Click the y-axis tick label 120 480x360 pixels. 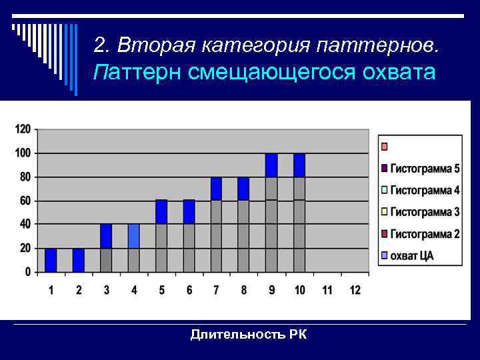tap(22, 129)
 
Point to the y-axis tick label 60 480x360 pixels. tap(24, 201)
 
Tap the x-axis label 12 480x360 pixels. tap(355, 290)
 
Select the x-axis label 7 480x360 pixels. tap(216, 290)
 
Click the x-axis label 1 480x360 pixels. tap(51, 290)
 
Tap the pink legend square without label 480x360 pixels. tap(384, 146)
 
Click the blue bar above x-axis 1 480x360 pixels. tap(51, 260)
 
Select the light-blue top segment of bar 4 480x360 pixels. tap(133, 236)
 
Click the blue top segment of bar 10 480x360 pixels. tap(299, 165)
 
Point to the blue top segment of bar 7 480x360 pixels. tap(216, 189)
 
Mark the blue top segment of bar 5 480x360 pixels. tap(161, 212)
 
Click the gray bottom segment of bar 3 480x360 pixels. tap(106, 260)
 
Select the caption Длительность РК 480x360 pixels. tap(248, 335)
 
